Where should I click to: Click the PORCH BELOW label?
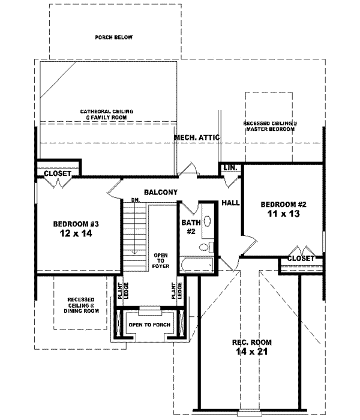(113, 37)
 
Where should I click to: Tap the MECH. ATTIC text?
(197, 137)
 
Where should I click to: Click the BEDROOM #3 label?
(76, 224)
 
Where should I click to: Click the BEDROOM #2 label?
(280, 205)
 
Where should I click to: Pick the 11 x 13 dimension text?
(280, 213)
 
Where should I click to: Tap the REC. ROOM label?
(249, 343)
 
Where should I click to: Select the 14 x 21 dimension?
(249, 352)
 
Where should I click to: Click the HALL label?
(230, 203)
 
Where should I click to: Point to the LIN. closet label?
(230, 167)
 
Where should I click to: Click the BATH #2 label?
(187, 226)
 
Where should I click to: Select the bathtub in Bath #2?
(197, 263)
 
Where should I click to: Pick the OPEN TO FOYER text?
(161, 260)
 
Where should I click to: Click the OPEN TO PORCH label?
(149, 325)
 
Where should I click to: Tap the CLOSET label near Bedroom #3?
(58, 173)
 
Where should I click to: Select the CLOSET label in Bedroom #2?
(301, 258)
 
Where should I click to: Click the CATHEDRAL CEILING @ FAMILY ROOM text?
(108, 114)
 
